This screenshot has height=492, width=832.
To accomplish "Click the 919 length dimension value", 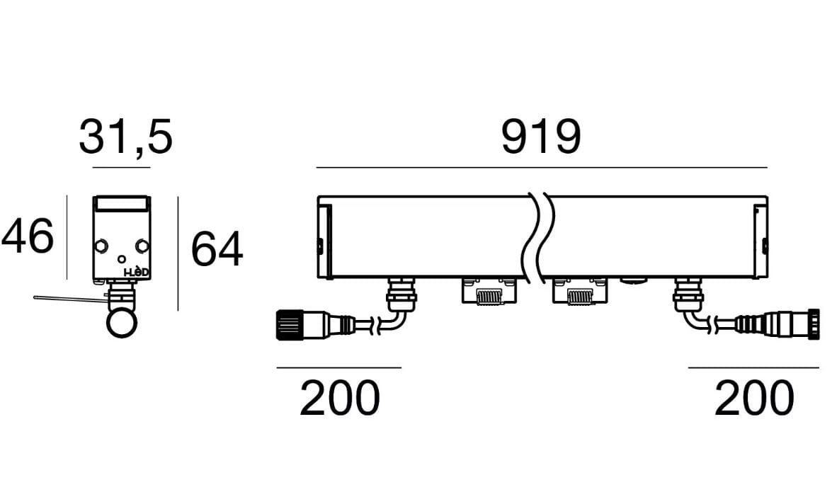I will click(x=541, y=137).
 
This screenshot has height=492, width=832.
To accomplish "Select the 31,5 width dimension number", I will click(x=125, y=137).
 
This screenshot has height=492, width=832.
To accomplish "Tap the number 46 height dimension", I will click(x=28, y=236).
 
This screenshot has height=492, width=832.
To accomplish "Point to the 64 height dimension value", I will click(x=217, y=249).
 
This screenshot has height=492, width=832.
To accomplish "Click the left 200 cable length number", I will click(x=339, y=398).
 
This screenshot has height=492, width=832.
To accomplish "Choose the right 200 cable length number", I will click(x=754, y=398).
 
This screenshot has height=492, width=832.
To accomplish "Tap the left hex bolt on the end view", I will click(x=101, y=246).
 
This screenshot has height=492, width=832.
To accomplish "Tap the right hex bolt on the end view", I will click(x=142, y=246).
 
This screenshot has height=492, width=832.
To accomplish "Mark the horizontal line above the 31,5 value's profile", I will click(x=121, y=168).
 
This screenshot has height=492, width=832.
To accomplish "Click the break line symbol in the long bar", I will click(x=538, y=237).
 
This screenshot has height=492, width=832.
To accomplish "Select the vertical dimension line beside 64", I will click(x=178, y=253).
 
